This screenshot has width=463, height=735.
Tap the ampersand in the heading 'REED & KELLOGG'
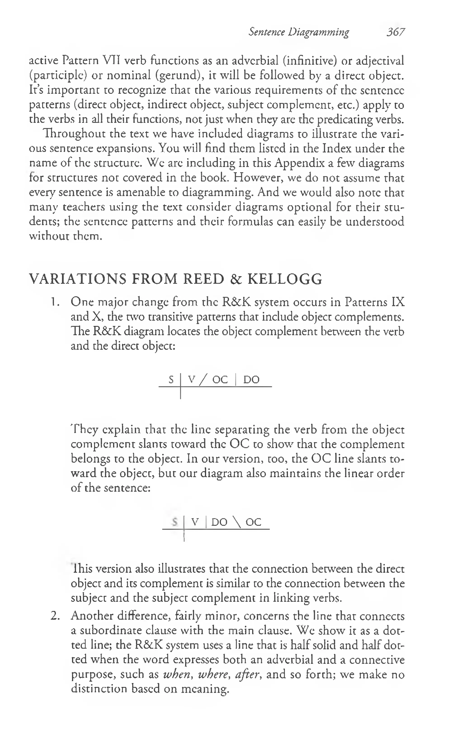[236, 279]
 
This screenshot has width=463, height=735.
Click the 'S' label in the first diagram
[171, 380]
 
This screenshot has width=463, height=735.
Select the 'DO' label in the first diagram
[251, 380]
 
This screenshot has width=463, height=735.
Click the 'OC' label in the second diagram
[253, 522]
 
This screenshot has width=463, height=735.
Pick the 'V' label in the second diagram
[195, 522]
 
